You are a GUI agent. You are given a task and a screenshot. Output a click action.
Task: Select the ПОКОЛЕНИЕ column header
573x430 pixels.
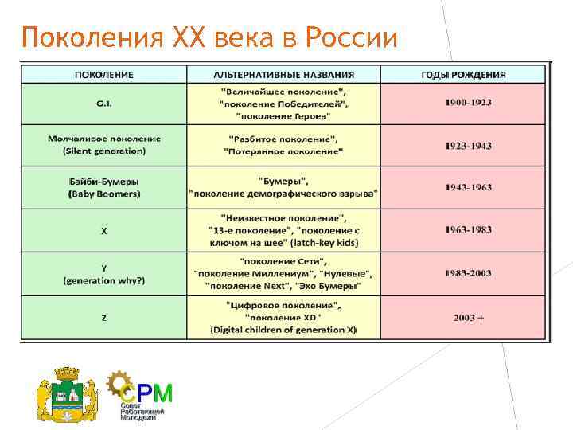point(104,75)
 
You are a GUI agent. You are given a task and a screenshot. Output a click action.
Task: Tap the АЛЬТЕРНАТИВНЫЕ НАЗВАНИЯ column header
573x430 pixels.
point(283,75)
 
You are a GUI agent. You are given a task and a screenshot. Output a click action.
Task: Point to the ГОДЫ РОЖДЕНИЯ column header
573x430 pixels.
point(463,75)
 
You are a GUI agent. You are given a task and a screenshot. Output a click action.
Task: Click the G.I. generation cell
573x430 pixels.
point(104,104)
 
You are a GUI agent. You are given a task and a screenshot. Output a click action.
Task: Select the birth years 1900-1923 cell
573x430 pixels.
point(469,104)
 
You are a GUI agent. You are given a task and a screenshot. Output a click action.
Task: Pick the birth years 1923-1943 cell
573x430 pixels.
point(469,145)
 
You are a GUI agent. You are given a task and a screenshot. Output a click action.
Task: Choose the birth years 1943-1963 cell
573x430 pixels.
point(469,187)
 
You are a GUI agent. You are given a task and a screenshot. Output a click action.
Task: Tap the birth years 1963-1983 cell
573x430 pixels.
point(469,230)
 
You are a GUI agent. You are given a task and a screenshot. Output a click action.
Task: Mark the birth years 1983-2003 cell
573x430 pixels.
point(469,273)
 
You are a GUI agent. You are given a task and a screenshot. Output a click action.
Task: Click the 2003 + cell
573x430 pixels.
point(469,318)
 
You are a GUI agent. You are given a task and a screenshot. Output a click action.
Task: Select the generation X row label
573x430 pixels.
point(104,230)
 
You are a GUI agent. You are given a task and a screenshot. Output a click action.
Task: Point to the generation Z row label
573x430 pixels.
point(104,318)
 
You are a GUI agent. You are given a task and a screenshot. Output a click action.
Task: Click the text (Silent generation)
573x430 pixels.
point(104,150)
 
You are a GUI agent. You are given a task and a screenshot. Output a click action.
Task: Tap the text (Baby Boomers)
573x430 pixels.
point(104,193)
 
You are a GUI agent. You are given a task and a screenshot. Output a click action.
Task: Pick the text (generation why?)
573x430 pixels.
point(104,279)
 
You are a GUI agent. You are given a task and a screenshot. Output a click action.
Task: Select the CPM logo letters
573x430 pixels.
point(150,391)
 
